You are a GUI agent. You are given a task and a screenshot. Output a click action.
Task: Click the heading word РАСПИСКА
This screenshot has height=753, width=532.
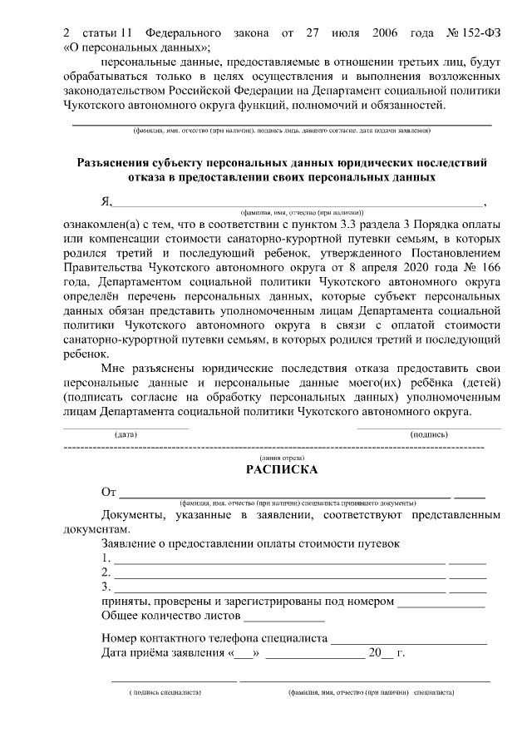coord(282,470)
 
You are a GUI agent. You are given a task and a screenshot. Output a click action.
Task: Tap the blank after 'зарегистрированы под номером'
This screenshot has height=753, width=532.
coord(441,603)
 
